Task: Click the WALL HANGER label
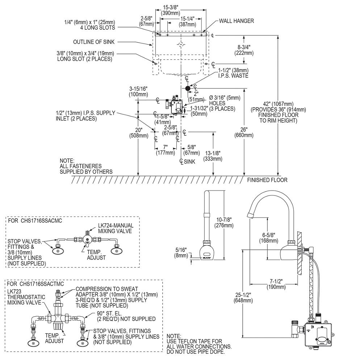tap(236, 21)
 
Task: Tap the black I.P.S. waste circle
tap(188, 88)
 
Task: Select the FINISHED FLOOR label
tap(267, 180)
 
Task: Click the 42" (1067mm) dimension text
tap(278, 112)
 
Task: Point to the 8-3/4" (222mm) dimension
tap(244, 50)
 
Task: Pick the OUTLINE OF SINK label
tap(94, 42)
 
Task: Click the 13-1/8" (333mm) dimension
tap(213, 156)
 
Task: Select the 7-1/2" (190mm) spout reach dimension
tap(276, 284)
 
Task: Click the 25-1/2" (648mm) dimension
tap(243, 298)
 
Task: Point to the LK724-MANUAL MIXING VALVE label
tap(116, 228)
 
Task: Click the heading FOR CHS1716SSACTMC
tap(35, 284)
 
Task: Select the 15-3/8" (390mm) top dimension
tap(171, 10)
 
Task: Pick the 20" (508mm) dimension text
tap(139, 133)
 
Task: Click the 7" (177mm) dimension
tap(166, 150)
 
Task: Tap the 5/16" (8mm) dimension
tap(181, 253)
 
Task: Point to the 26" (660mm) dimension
tap(244, 132)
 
